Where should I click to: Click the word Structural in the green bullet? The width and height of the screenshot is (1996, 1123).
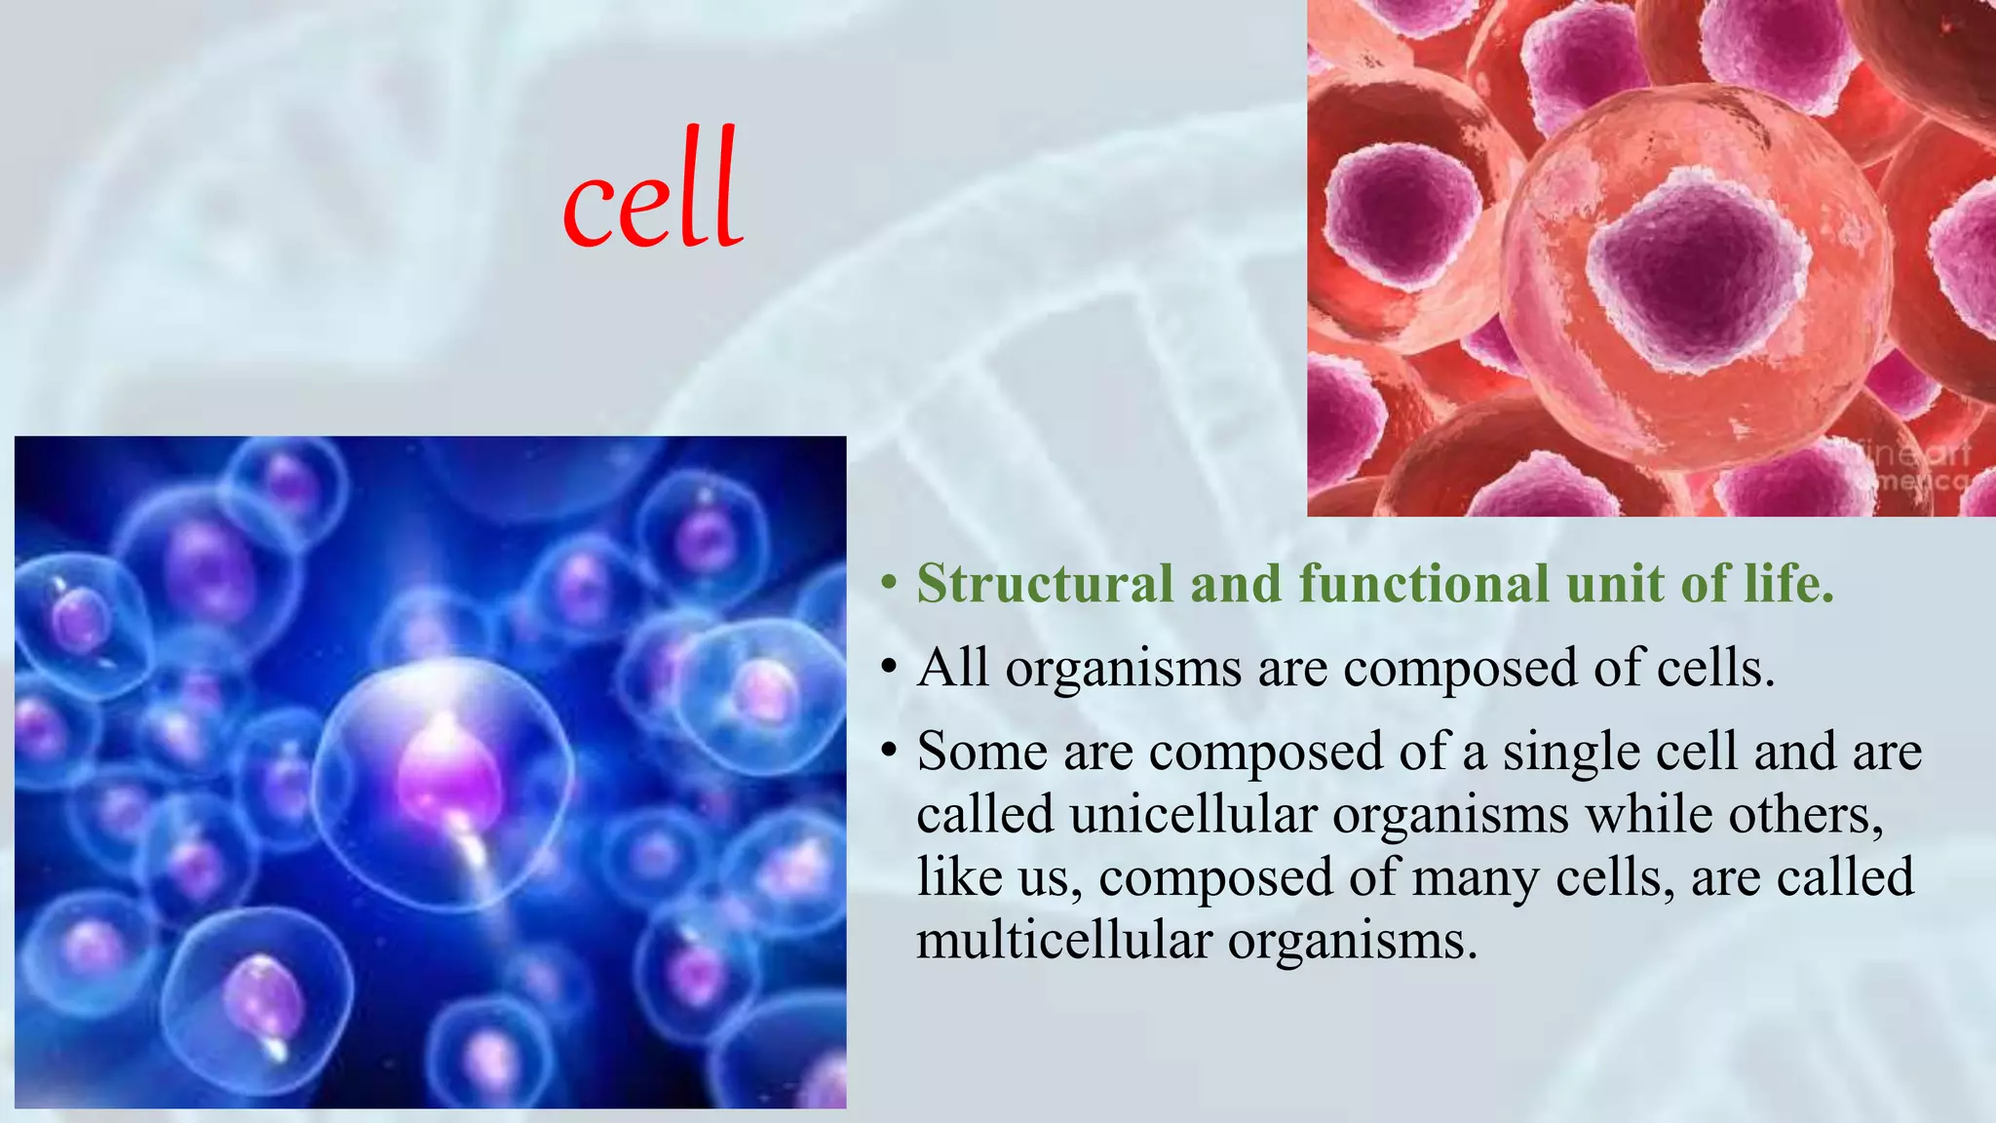(x=1044, y=584)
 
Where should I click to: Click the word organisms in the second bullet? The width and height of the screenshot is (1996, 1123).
(x=1124, y=670)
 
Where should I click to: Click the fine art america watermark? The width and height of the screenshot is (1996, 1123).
(x=1915, y=466)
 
